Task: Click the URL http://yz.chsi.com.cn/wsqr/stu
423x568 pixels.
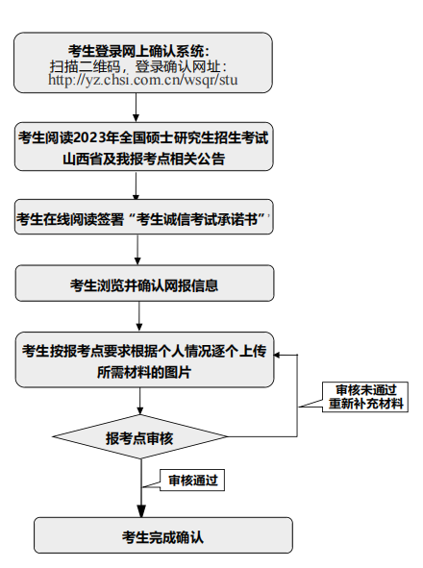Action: (x=143, y=80)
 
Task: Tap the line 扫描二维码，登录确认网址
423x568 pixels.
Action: (x=138, y=66)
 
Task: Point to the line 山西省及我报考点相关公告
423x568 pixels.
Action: (x=143, y=159)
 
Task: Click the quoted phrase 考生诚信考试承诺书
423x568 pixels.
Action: (x=197, y=219)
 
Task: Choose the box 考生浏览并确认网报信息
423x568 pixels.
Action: (x=144, y=284)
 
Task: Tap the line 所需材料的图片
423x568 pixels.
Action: (x=143, y=372)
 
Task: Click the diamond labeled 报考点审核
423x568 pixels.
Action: (x=140, y=437)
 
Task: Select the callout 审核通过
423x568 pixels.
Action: (x=192, y=481)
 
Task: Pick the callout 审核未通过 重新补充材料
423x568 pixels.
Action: (x=365, y=397)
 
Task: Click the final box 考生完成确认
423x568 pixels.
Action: (x=163, y=535)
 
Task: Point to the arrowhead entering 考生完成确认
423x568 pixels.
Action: (x=141, y=511)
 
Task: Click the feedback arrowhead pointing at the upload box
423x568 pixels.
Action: (x=277, y=355)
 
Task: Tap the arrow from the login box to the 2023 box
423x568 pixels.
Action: (x=136, y=108)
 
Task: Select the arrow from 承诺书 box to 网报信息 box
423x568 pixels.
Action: (x=137, y=250)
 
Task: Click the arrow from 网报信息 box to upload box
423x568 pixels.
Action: (x=139, y=316)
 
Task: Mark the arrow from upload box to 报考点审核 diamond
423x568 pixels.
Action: (x=140, y=402)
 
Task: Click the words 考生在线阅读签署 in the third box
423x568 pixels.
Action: (x=70, y=219)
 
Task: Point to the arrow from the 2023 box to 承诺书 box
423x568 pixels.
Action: (x=136, y=185)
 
